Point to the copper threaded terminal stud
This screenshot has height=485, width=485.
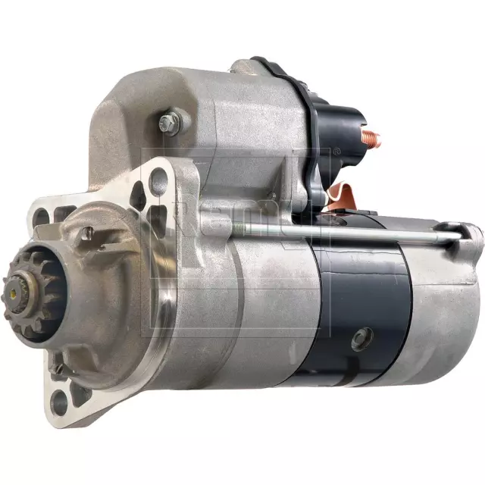[x=371, y=139]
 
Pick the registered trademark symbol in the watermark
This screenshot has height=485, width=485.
[x=337, y=152]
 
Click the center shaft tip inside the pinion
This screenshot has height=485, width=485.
[x=14, y=292]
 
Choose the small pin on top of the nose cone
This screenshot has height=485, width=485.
[x=88, y=233]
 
